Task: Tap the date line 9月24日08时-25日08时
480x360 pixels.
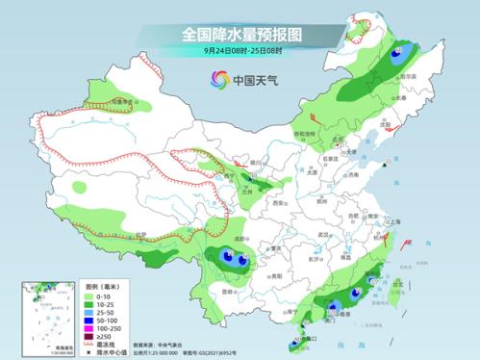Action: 240,51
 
